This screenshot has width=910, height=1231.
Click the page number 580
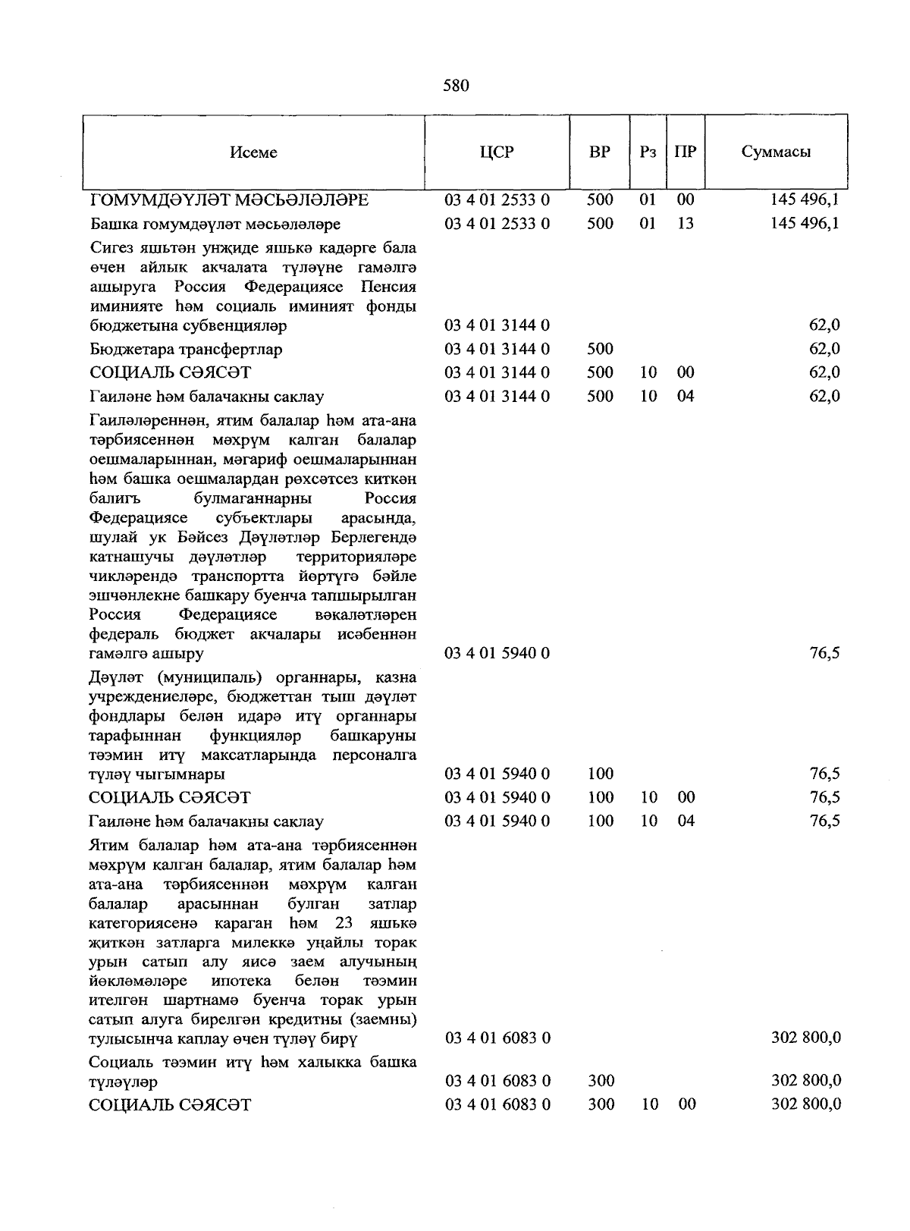[x=456, y=86]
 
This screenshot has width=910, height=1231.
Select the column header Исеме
[x=253, y=152]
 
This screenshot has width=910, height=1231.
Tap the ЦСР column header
[x=497, y=152]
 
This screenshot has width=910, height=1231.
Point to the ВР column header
[x=600, y=152]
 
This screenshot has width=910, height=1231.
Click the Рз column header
[x=648, y=152]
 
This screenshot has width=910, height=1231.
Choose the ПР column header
[x=686, y=152]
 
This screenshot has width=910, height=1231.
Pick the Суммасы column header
[x=776, y=152]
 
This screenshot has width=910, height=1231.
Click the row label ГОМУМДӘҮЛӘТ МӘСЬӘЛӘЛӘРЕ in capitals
[x=229, y=200]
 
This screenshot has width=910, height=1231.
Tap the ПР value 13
[x=686, y=224]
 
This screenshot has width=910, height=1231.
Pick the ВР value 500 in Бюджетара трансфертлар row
[x=600, y=350]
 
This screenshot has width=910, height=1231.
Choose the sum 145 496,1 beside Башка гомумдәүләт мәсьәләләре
[x=803, y=224]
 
